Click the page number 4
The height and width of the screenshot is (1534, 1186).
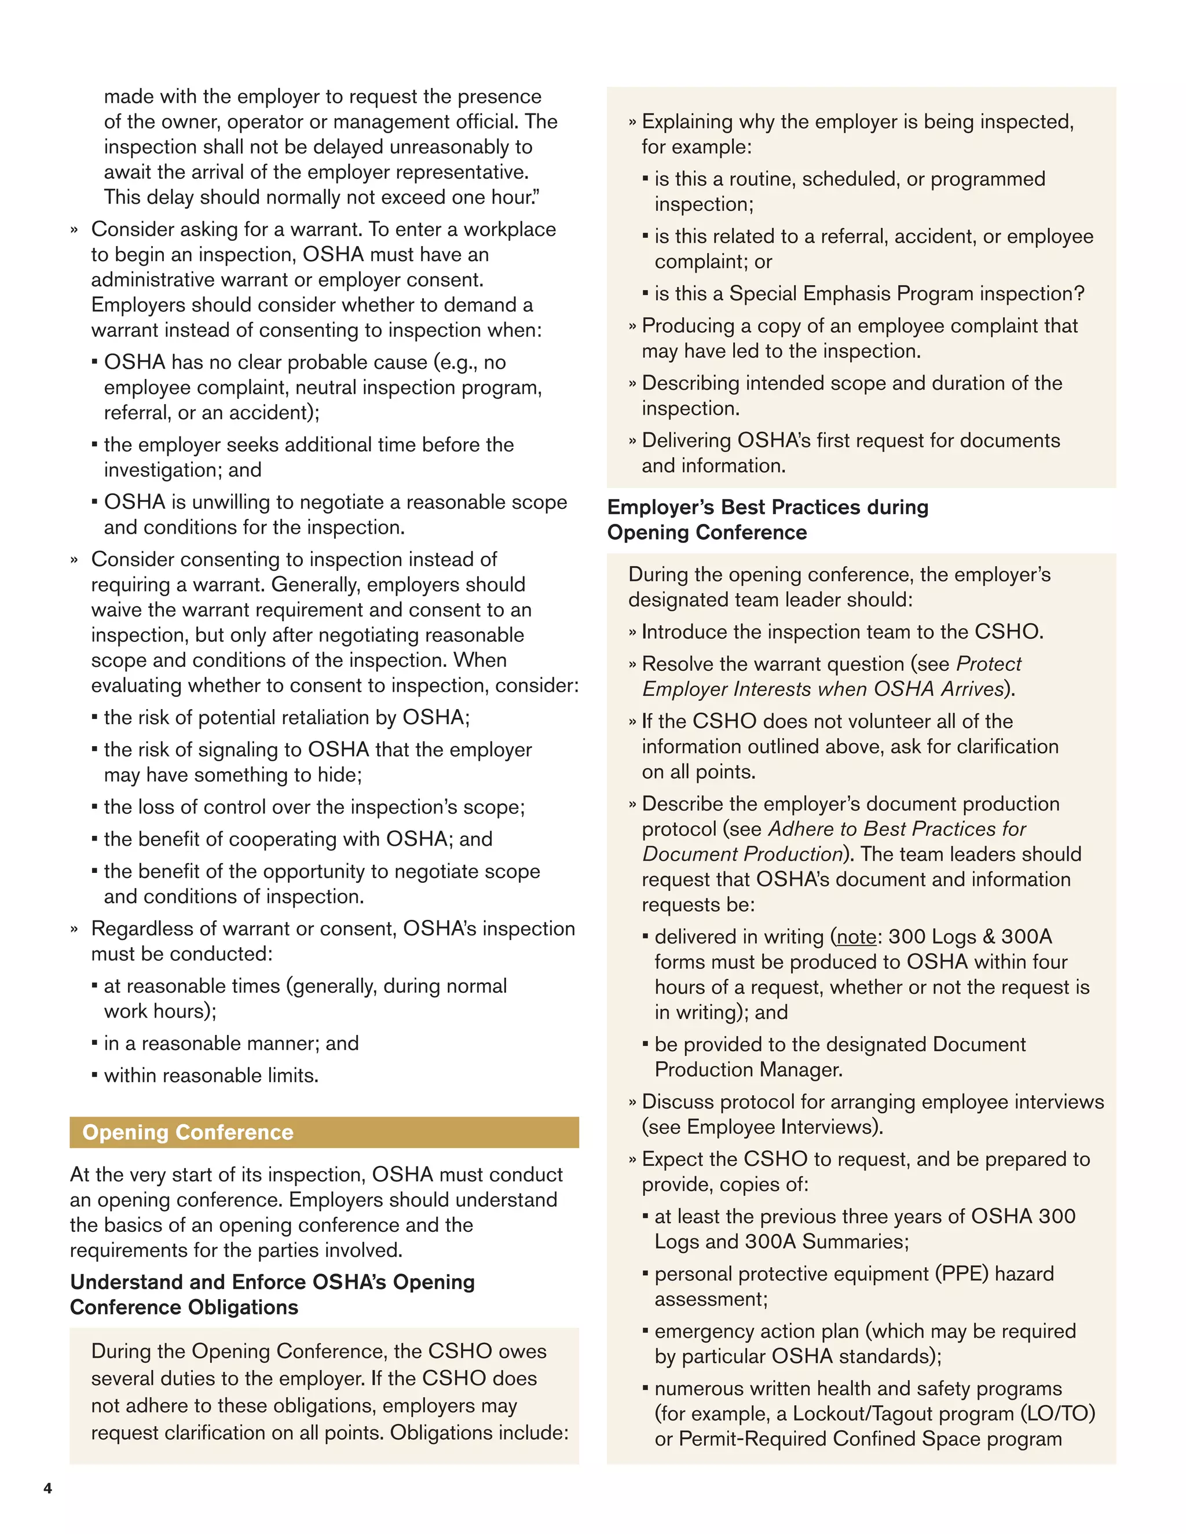[48, 1488]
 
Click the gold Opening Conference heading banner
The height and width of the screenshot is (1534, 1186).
[324, 1132]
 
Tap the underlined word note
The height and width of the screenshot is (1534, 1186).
[856, 937]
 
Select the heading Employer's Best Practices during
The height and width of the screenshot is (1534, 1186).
[767, 507]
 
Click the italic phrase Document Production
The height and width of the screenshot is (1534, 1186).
[742, 854]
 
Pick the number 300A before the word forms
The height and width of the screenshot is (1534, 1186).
[1027, 937]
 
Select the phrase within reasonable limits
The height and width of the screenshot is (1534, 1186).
[211, 1076]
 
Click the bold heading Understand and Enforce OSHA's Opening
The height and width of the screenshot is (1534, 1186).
[273, 1282]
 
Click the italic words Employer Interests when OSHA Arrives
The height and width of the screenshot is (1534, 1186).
[823, 689]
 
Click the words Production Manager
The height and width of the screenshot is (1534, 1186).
[748, 1070]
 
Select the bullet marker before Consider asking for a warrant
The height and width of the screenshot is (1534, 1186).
[74, 230]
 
